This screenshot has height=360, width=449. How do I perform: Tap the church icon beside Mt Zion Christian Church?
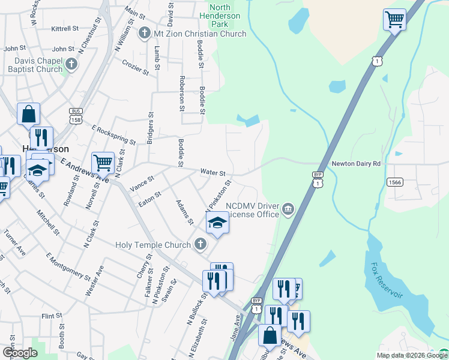pos(144,33)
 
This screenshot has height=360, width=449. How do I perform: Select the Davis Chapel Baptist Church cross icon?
pos(71,65)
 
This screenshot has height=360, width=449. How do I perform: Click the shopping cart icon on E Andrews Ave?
pos(103,161)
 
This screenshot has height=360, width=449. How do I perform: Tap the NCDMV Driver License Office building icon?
pos(289,209)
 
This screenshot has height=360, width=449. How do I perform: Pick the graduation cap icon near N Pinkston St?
pos(217,224)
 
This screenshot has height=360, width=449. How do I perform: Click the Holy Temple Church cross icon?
pos(200,244)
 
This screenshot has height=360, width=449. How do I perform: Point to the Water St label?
pos(212,172)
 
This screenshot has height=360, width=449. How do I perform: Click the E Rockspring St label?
pos(113,135)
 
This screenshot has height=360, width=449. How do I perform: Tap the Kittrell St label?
pos(65,28)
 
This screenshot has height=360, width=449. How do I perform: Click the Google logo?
pos(20,353)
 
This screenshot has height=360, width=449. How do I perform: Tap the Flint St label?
pos(52,315)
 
